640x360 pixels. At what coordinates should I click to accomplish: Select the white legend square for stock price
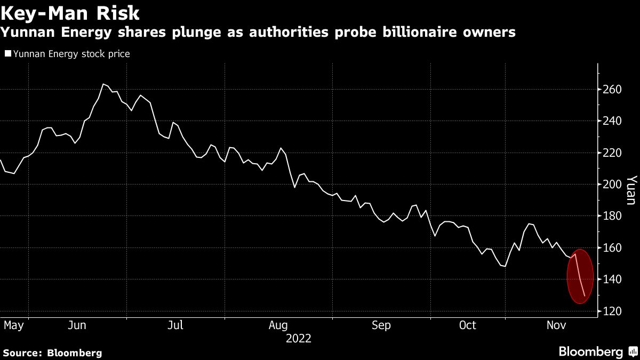7,54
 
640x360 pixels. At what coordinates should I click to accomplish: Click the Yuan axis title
630,190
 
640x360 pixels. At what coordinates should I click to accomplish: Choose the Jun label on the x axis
78,325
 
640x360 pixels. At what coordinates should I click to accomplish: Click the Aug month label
278,325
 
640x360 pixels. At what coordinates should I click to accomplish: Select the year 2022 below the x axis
298,338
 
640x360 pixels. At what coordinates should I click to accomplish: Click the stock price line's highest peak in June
103,84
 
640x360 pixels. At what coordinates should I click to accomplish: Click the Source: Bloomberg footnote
52,353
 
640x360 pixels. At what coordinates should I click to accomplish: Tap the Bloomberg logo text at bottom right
590,351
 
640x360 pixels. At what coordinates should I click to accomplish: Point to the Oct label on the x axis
467,325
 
